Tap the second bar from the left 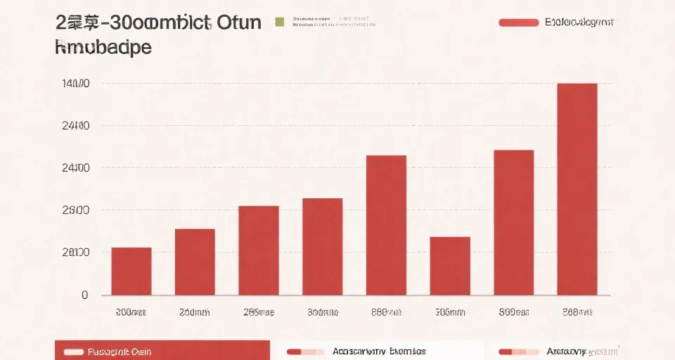[x=195, y=262]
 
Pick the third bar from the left [x=259, y=250]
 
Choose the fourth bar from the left [x=322, y=246]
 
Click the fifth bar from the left [x=386, y=225]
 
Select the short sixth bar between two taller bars [x=450, y=266]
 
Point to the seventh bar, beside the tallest [x=513, y=222]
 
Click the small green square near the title [x=279, y=22]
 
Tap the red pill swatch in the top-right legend [x=518, y=22]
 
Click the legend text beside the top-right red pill [x=579, y=22]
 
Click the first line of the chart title [x=158, y=22]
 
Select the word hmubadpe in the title [x=103, y=47]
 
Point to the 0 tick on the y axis [x=85, y=295]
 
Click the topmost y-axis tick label [x=76, y=84]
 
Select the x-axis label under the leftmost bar [x=131, y=312]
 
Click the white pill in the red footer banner [x=73, y=352]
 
